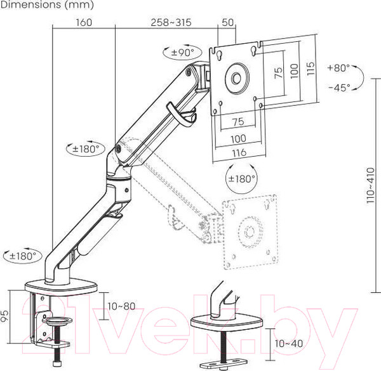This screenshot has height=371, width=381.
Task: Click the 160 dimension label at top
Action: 84,23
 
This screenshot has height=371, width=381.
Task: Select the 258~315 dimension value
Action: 171,23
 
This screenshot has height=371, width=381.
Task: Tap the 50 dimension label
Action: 228,23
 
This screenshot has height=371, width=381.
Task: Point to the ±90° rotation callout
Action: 183,52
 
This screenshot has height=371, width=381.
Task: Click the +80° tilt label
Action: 338,68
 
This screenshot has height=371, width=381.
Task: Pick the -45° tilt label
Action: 340,88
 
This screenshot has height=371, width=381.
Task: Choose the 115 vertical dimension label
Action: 311,68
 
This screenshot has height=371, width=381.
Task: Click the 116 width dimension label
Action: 239,153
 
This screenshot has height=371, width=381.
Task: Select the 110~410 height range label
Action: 371,186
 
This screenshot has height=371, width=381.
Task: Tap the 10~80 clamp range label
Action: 121,306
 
